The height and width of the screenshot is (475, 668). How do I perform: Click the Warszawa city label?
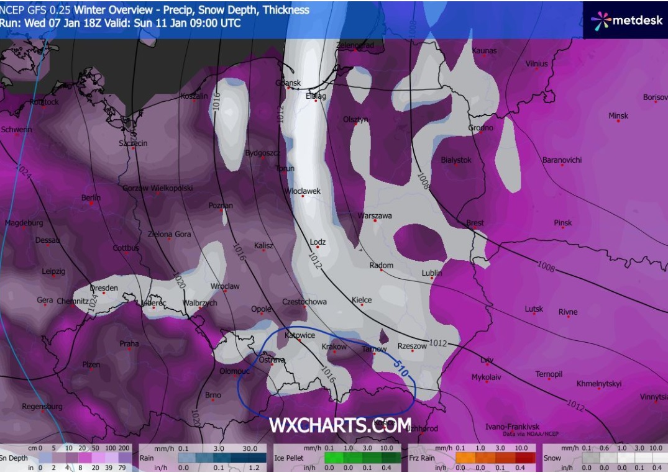coord(375,215)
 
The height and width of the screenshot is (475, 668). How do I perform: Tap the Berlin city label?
coord(91,197)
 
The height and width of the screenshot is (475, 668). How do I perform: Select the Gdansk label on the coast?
coord(289,83)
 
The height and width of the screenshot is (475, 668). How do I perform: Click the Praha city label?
coord(129,343)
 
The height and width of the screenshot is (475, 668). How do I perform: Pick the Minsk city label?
coord(618,115)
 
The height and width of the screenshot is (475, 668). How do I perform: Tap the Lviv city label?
coord(487,360)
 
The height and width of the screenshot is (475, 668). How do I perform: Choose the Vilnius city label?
coord(537,63)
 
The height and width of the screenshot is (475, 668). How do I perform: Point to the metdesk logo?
coord(625,20)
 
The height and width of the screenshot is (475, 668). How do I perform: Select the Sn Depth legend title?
coord(12,458)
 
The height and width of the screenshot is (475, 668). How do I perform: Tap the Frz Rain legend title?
coord(421,458)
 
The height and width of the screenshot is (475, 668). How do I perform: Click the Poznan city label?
coord(221,206)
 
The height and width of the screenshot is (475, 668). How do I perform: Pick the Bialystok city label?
coord(456,160)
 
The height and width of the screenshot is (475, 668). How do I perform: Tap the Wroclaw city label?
coord(225,286)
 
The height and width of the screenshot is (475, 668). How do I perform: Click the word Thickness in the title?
coord(286,9)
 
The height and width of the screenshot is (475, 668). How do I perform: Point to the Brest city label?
coord(475,223)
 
